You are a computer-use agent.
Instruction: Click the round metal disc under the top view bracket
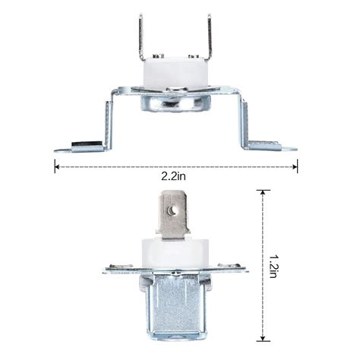pyautogui.click(x=176, y=102)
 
